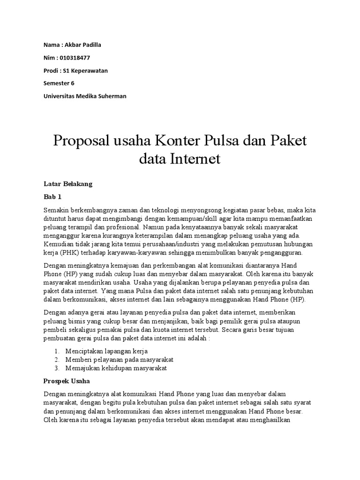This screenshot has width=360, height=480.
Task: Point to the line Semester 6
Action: tap(59, 83)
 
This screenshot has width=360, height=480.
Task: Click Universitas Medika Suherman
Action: tap(84, 96)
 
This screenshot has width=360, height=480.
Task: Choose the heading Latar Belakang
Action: tap(67, 184)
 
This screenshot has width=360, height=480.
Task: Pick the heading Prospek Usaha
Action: tap(66, 381)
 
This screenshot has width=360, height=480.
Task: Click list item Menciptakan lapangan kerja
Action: tap(107, 351)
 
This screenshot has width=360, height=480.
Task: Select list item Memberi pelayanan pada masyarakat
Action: tap(120, 359)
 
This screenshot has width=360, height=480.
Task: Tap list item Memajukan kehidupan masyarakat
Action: tap(116, 368)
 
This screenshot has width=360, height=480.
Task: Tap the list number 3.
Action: tap(56, 368)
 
